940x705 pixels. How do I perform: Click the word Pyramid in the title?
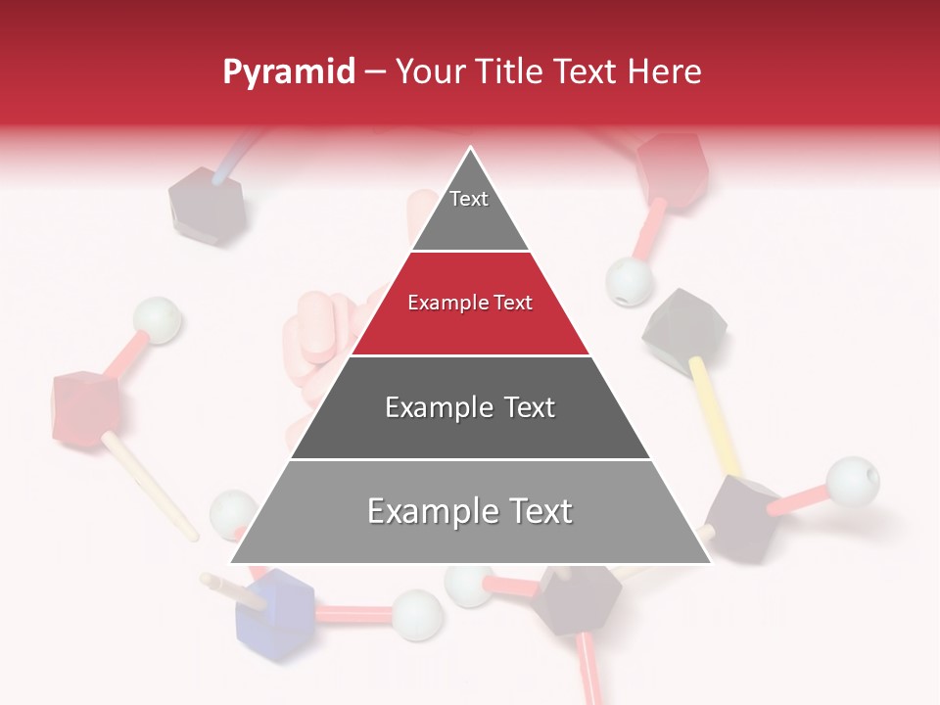coord(288,72)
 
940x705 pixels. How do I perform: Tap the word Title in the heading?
coord(513,72)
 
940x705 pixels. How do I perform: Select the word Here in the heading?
coord(665,72)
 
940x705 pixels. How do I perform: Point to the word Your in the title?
coord(431,72)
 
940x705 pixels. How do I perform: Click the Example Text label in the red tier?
coord(470,304)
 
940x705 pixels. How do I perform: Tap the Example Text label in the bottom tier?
coord(470,511)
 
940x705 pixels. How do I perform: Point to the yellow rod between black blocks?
coord(714,415)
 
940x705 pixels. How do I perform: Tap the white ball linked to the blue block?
coord(417,614)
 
